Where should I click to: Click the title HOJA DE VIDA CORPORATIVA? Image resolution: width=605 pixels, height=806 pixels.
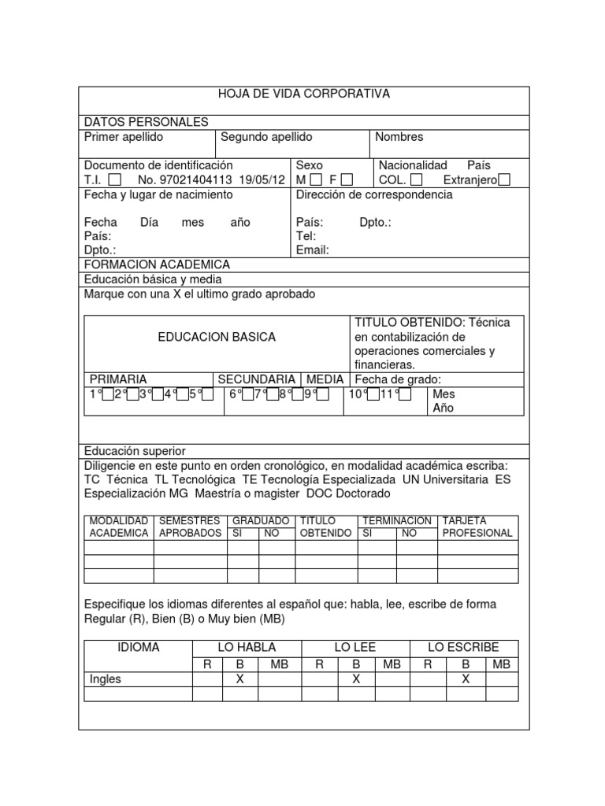click(303, 94)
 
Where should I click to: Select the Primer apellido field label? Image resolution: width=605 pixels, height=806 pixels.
click(124, 137)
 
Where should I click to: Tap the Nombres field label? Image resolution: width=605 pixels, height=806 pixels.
click(399, 137)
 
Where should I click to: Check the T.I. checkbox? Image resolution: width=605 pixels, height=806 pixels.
click(115, 180)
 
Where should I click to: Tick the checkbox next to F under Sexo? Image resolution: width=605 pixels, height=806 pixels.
click(347, 180)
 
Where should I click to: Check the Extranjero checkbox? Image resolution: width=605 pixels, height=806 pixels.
click(504, 180)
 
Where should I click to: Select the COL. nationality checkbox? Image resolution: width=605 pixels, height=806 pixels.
click(417, 180)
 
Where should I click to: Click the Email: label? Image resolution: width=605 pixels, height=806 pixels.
click(312, 250)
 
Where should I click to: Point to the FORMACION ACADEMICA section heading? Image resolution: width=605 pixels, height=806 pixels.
click(157, 264)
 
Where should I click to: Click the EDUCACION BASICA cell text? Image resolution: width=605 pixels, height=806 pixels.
click(217, 337)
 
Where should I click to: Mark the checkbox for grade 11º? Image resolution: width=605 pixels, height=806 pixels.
click(405, 394)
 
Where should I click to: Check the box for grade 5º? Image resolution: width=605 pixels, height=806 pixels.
click(207, 394)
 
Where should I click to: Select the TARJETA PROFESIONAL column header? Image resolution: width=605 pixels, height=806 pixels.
click(477, 527)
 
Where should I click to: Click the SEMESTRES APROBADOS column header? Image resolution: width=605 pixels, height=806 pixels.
click(191, 527)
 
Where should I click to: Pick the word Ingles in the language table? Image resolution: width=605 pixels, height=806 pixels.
click(106, 678)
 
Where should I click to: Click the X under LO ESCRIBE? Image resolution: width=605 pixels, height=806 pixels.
click(465, 678)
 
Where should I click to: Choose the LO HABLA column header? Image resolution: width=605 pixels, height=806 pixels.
click(247, 647)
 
